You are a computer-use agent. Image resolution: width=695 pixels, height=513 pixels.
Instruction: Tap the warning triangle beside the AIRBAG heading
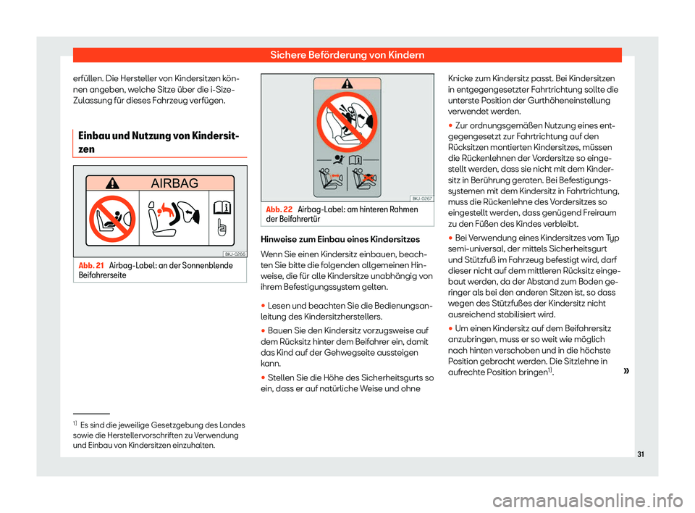[x=110, y=183]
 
